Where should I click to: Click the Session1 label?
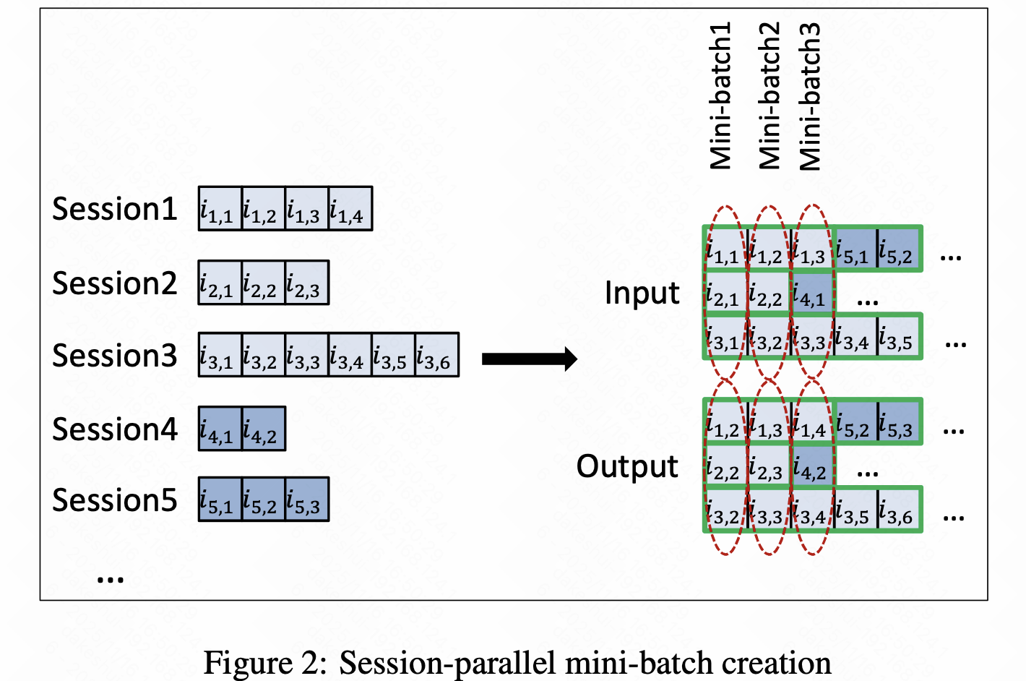(x=114, y=209)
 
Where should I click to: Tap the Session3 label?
(x=114, y=356)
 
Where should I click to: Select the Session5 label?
(x=114, y=500)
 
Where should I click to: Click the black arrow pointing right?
(x=529, y=359)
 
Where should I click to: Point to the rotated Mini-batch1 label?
(x=721, y=95)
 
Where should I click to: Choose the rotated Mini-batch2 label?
(x=769, y=95)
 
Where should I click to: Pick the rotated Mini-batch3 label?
(x=810, y=95)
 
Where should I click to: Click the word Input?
(x=642, y=293)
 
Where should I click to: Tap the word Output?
(x=627, y=467)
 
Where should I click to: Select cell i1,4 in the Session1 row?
(x=350, y=209)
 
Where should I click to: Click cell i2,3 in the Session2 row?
(x=307, y=283)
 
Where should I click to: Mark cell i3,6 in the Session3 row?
(x=437, y=355)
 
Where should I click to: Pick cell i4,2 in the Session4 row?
(x=264, y=429)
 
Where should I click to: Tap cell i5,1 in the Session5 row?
(x=220, y=500)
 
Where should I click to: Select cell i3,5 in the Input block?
(x=899, y=337)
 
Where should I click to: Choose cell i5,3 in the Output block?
(x=899, y=423)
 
